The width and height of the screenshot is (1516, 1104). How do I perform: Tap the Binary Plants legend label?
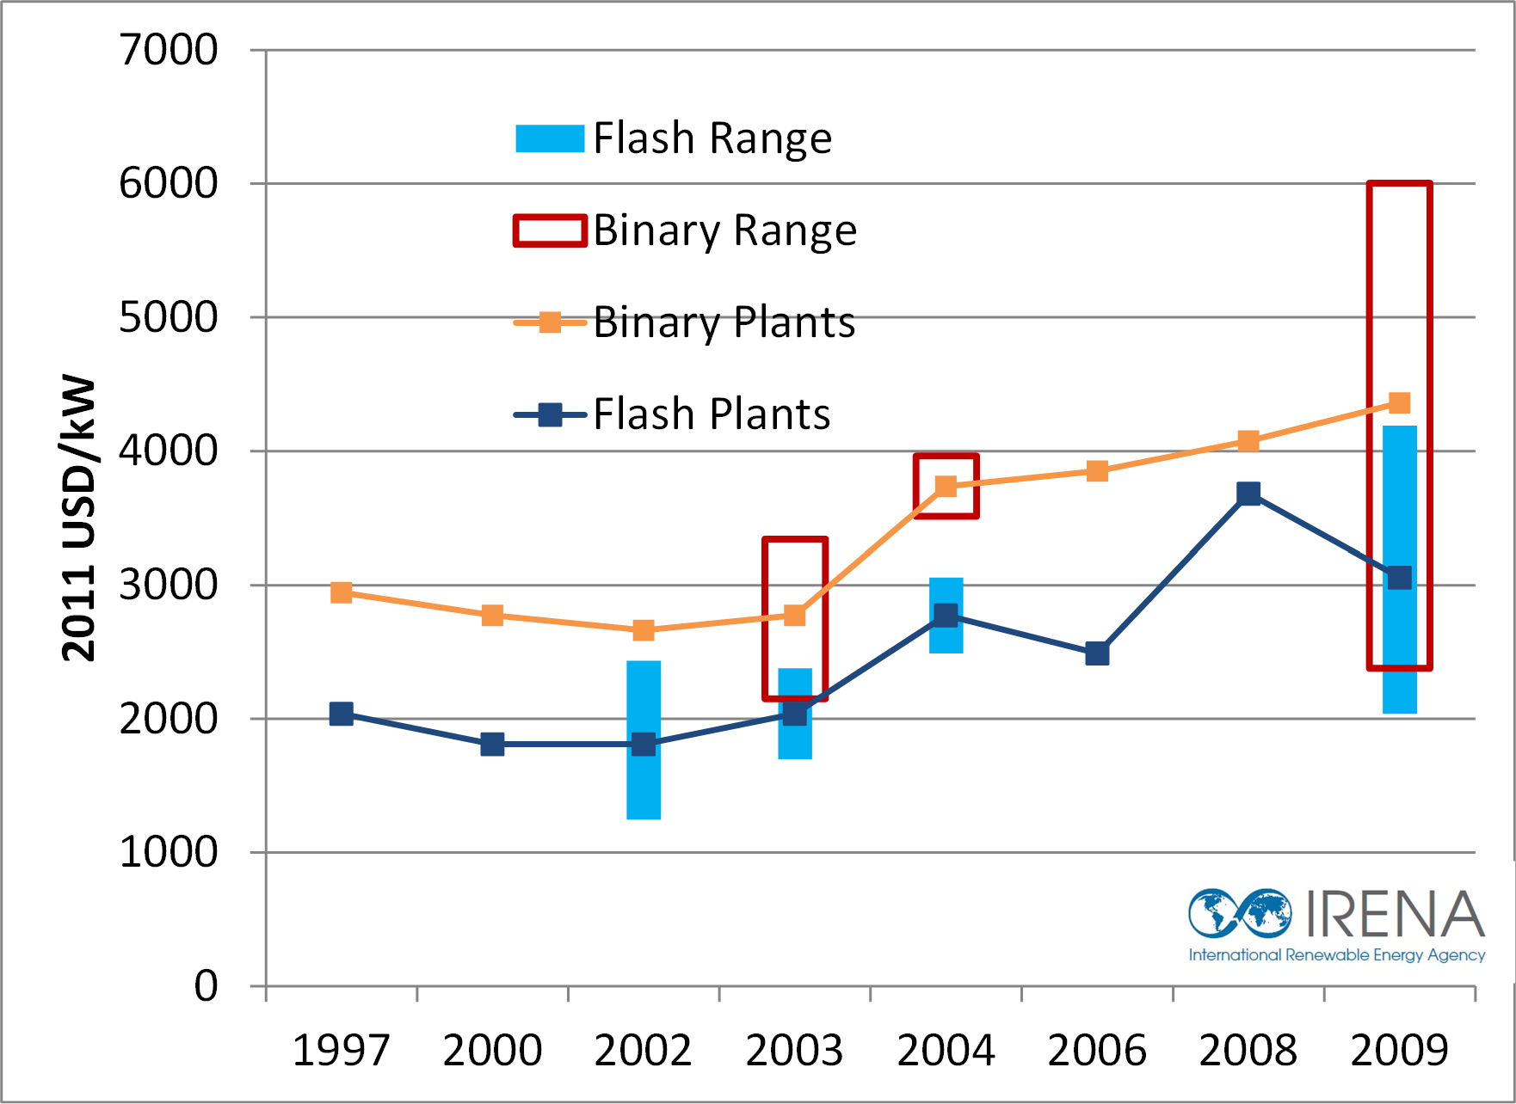pyautogui.click(x=724, y=322)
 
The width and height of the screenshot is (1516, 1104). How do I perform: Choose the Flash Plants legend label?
pyautogui.click(x=712, y=414)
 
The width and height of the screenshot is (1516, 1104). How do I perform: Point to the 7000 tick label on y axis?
pyautogui.click(x=169, y=50)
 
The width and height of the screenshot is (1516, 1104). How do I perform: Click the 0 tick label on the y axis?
pyautogui.click(x=206, y=985)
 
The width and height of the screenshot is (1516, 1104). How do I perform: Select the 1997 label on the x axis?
pyautogui.click(x=341, y=1050)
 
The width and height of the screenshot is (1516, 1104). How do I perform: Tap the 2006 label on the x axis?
pyautogui.click(x=1097, y=1050)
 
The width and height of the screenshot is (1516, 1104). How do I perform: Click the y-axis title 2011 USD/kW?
pyautogui.click(x=79, y=518)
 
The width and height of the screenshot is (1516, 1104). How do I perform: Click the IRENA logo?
pyautogui.click(x=1336, y=924)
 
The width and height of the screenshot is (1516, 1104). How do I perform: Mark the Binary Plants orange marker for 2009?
pyautogui.click(x=1400, y=402)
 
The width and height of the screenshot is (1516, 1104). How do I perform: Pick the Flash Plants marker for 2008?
pyautogui.click(x=1248, y=494)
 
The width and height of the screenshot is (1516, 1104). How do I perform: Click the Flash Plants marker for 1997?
pyautogui.click(x=341, y=714)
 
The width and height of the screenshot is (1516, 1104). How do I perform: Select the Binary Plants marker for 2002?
pyautogui.click(x=644, y=630)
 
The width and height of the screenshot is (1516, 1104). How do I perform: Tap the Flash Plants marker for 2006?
pyautogui.click(x=1097, y=653)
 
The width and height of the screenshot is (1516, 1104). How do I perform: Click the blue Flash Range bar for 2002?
pyautogui.click(x=644, y=782)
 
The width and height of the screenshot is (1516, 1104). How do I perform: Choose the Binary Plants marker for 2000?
pyautogui.click(x=492, y=615)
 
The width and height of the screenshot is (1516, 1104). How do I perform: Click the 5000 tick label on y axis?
pyautogui.click(x=169, y=317)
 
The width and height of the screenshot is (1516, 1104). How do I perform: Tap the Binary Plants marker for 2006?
pyautogui.click(x=1097, y=471)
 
